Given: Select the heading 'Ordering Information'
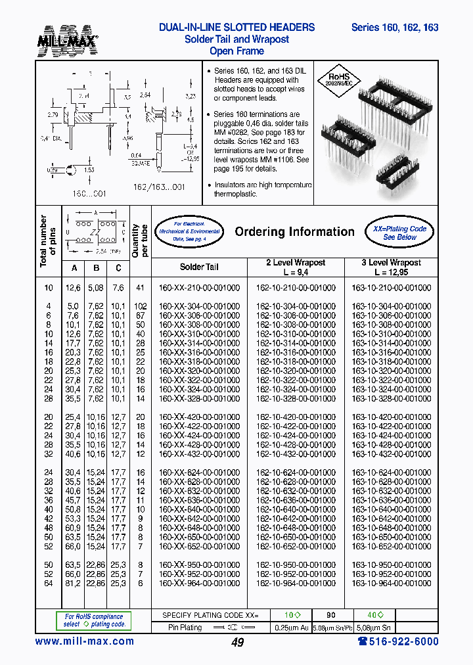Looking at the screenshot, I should (294, 231).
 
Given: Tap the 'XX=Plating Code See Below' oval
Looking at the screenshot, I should (399, 233).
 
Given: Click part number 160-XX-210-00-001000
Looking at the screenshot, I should (199, 288).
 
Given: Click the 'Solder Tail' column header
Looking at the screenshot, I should (199, 267).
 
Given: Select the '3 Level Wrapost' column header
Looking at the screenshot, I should (391, 267).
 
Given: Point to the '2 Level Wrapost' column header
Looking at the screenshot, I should (295, 267).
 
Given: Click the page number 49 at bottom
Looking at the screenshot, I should (238, 643).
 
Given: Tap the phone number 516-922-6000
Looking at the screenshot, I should (398, 641).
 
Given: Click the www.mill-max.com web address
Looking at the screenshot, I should (84, 641).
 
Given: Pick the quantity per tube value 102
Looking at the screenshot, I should (139, 306).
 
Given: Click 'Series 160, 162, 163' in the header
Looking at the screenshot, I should (395, 28).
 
